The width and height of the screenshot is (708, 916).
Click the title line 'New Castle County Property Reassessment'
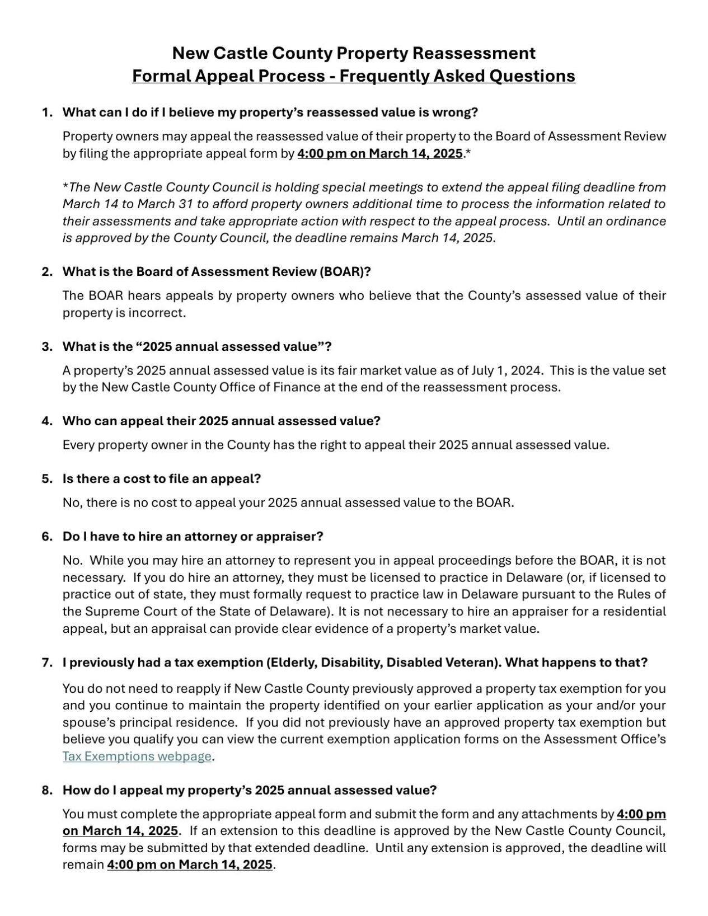(354, 53)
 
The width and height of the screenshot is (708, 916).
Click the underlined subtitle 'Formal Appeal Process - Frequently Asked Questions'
(354, 76)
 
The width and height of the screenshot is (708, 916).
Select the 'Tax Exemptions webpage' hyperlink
(137, 757)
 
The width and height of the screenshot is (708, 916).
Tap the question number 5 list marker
(46, 479)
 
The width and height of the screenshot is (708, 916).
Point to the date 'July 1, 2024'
(507, 370)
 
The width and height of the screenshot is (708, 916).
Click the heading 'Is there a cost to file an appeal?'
(162, 479)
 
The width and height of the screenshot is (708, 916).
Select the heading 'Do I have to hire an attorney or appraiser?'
(193, 537)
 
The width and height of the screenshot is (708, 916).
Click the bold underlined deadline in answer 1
(380, 153)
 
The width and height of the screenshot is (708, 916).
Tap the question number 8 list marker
(46, 790)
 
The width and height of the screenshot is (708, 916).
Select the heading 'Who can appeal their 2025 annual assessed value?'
(222, 421)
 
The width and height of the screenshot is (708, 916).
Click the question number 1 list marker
(46, 112)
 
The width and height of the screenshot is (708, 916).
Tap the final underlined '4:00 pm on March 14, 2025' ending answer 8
(190, 865)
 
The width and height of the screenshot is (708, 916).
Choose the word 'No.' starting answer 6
(73, 560)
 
